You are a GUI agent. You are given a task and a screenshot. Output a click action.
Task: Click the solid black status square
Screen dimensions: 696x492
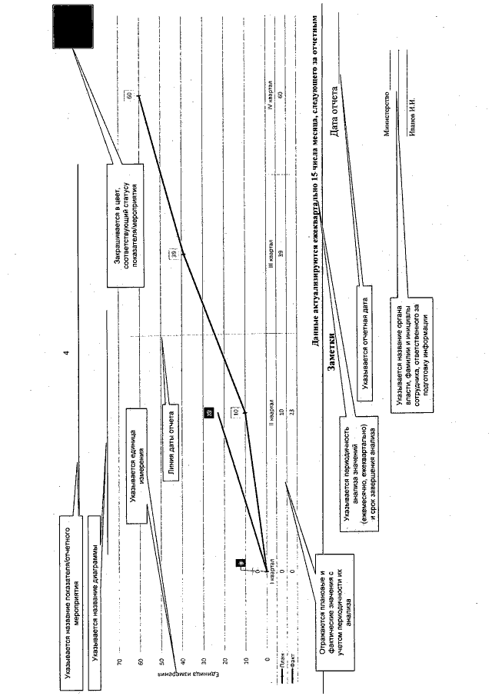click(x=75, y=29)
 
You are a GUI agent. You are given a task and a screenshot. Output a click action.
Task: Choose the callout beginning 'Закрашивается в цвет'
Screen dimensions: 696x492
click(x=121, y=220)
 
